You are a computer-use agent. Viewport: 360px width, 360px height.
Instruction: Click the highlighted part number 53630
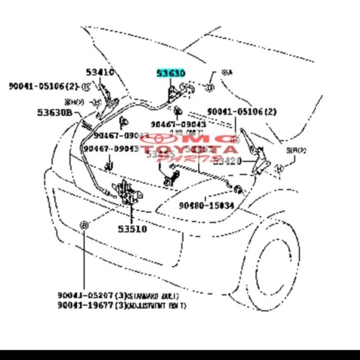coord(171,74)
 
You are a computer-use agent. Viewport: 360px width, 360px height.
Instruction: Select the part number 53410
coord(100,72)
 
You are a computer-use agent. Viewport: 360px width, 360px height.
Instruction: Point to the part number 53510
coord(132,229)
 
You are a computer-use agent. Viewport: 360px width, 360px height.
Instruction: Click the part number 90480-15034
coord(207,205)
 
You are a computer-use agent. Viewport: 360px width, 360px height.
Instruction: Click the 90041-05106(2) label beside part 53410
coord(43,86)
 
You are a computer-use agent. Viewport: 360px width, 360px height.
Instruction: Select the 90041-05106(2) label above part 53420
coord(242,112)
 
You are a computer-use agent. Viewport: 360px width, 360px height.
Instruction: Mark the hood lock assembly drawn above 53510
coord(125,193)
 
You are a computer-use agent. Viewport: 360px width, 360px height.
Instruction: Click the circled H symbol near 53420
coord(279,168)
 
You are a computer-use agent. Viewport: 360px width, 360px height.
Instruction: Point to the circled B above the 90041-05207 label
coord(84,225)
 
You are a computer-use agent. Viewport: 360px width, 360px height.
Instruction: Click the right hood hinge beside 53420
coord(255,154)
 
